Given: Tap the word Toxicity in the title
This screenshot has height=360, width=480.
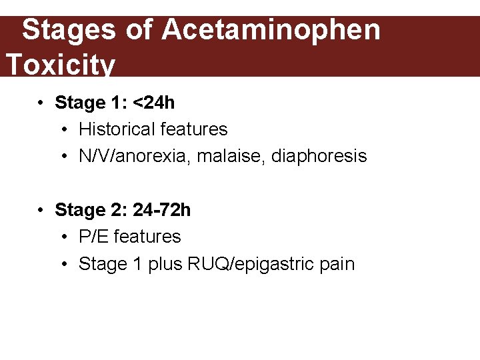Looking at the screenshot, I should pyautogui.click(x=60, y=65).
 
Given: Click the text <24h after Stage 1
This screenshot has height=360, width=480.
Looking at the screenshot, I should pyautogui.click(x=154, y=103).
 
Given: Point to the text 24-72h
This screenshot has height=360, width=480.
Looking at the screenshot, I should pyautogui.click(x=162, y=210).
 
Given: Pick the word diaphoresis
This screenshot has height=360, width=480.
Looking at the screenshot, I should pyautogui.click(x=319, y=156).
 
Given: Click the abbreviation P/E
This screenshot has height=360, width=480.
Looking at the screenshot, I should pyautogui.click(x=94, y=237).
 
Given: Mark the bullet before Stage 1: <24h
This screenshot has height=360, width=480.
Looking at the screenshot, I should pyautogui.click(x=41, y=103).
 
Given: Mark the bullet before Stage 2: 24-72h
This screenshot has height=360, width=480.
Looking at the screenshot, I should pyautogui.click(x=41, y=210).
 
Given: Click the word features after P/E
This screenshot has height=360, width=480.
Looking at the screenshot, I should pyautogui.click(x=147, y=237).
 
